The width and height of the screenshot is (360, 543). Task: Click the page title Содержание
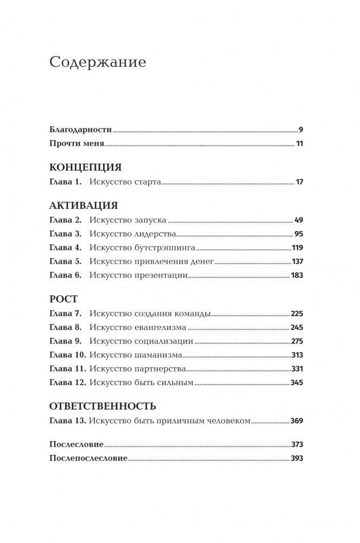(x=98, y=62)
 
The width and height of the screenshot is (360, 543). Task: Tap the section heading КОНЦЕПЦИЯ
(x=85, y=167)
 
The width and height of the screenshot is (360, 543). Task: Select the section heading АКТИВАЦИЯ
(x=83, y=206)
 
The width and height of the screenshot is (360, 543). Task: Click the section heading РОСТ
(x=63, y=299)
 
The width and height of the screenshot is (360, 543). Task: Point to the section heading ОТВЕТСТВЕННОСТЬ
(x=102, y=405)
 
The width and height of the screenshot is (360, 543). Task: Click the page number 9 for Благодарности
(x=300, y=130)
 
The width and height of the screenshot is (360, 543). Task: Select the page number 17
(x=299, y=182)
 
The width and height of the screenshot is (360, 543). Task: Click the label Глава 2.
(x=65, y=221)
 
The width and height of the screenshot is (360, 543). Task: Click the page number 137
(x=297, y=261)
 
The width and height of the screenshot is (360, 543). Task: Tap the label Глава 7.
(x=65, y=314)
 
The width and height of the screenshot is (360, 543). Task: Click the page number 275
(x=297, y=341)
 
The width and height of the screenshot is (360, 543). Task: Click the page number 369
(x=297, y=420)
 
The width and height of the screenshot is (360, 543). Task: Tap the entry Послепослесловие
(x=88, y=458)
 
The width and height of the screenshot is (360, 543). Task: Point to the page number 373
(x=297, y=444)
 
